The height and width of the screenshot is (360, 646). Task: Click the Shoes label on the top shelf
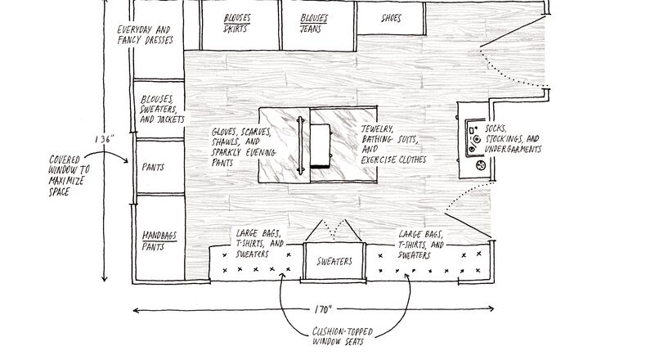click(391, 18)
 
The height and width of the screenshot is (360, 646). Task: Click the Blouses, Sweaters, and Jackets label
click(157, 108)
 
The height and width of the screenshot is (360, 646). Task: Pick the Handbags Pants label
click(154, 239)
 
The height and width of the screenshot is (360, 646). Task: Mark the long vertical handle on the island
click(303, 145)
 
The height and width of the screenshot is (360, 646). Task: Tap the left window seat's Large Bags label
click(260, 243)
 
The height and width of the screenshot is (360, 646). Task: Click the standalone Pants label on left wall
click(153, 167)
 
